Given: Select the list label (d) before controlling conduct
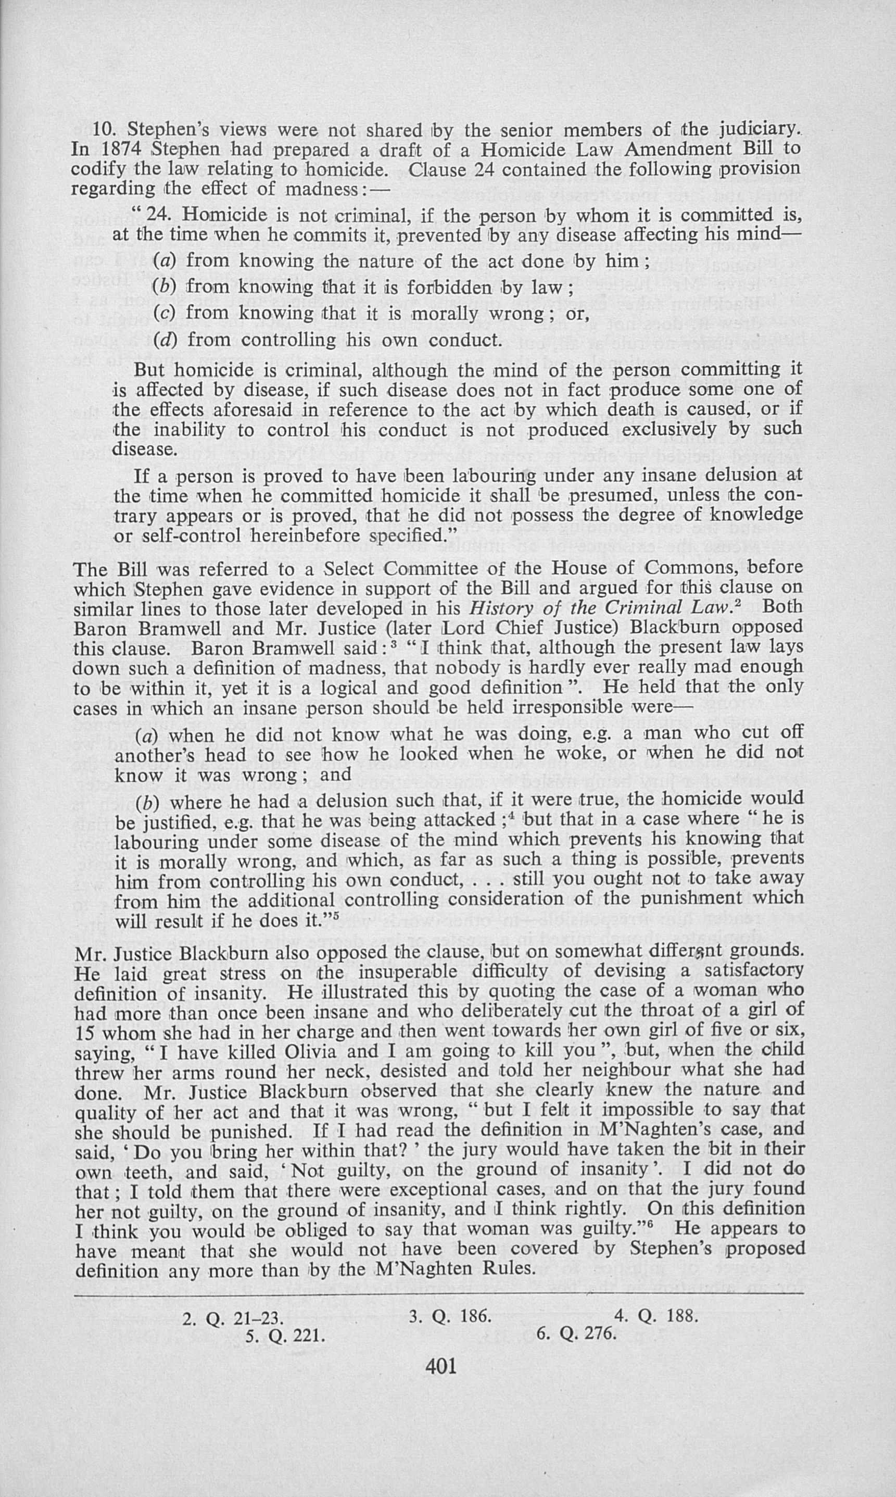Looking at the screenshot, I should click(x=163, y=340).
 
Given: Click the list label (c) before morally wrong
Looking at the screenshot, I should click(x=163, y=313).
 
